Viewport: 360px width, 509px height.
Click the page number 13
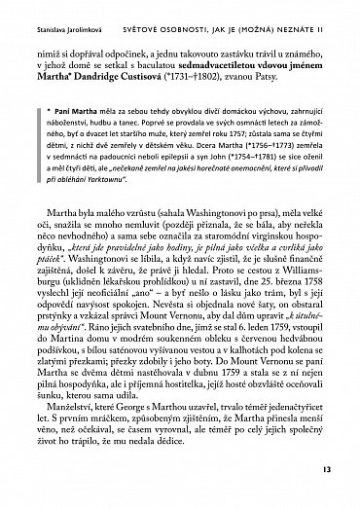pos(325,471)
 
